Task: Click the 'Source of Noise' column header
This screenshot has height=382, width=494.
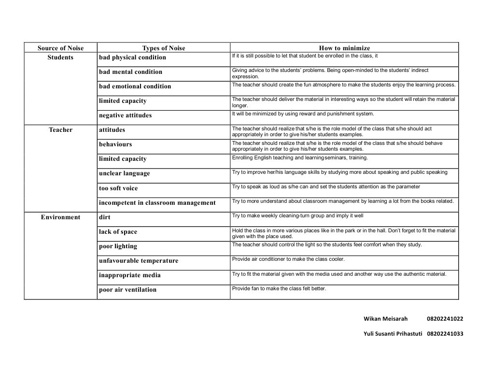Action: click(x=60, y=48)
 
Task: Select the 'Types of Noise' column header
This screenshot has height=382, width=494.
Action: click(x=163, y=48)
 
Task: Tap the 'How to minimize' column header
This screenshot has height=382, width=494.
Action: click(x=344, y=48)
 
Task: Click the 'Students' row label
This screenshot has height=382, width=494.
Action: click(x=60, y=57)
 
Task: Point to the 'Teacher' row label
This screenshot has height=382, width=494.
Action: click(x=60, y=130)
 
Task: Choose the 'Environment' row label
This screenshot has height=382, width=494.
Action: click(x=60, y=217)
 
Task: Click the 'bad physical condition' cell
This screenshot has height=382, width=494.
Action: click(x=132, y=57)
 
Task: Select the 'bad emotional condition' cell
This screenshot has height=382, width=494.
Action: click(x=135, y=86)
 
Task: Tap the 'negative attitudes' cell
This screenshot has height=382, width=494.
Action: click(x=125, y=115)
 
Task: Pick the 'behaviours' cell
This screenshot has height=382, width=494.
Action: click(x=115, y=144)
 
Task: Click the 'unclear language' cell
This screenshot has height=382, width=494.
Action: click(x=124, y=173)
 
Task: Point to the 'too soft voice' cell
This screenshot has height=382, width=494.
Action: click(x=118, y=188)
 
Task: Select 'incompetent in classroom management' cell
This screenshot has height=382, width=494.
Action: click(x=157, y=203)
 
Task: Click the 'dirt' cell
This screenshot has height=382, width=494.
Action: click(x=105, y=217)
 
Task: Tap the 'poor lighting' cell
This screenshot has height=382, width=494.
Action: click(x=118, y=246)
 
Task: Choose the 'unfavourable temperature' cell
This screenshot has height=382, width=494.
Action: click(x=139, y=261)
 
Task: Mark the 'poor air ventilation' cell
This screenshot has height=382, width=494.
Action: click(x=127, y=290)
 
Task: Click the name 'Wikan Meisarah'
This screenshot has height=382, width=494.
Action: click(x=385, y=319)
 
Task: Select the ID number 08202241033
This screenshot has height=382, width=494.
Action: click(x=445, y=333)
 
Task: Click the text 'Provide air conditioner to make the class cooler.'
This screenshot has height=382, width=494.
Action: click(x=288, y=259)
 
